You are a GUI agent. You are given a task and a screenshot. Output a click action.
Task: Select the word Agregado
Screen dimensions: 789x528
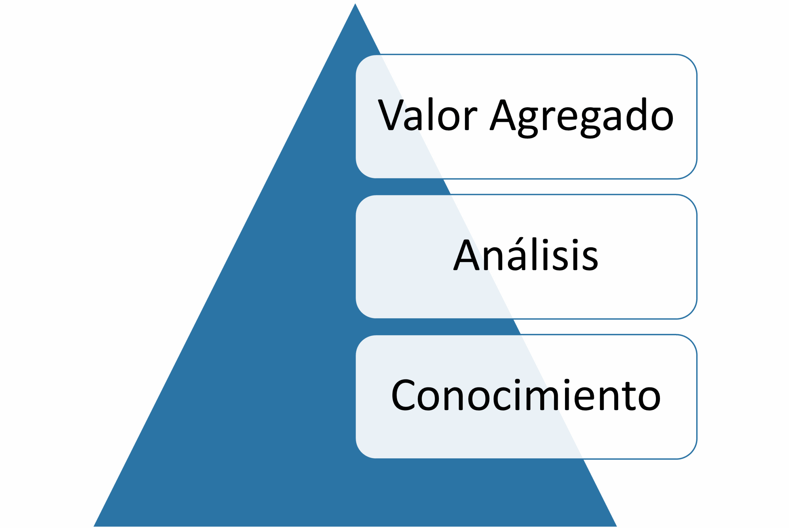[x=582, y=118]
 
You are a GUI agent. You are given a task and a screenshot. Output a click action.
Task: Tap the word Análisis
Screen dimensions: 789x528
[x=526, y=254]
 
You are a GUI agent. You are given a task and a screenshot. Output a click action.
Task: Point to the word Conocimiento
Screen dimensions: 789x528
[x=526, y=394]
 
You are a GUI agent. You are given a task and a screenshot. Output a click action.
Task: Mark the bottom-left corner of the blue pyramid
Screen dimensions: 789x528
[x=94, y=526]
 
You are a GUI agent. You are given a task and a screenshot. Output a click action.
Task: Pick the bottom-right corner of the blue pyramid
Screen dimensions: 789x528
[x=616, y=526]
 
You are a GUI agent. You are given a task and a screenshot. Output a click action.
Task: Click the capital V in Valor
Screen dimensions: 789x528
[x=391, y=115]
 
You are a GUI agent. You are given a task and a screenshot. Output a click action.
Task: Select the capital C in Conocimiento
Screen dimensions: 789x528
[x=403, y=395]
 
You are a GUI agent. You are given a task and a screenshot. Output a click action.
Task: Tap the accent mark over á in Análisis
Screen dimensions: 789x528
[x=519, y=240]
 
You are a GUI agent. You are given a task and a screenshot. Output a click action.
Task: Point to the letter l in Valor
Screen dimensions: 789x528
[x=430, y=114]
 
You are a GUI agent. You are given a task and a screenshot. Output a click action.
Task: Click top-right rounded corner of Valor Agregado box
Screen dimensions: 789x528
[x=691, y=61]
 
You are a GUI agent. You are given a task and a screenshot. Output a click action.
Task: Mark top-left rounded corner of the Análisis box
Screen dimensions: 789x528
[x=362, y=201]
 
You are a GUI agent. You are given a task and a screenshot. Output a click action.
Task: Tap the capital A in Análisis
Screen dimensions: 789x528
[x=466, y=255]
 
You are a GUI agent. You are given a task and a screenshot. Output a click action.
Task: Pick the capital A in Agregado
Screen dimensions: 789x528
[x=503, y=115]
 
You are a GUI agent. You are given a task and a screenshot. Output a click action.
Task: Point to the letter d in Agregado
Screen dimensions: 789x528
[x=636, y=114]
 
